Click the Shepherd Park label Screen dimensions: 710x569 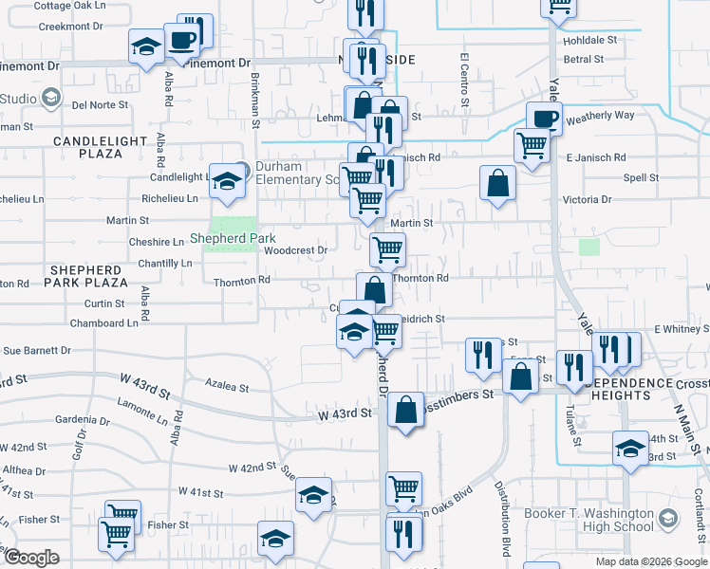point(223,238)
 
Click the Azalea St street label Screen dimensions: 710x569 point(227,387)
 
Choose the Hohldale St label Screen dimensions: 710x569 point(590,41)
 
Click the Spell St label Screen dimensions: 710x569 point(641,177)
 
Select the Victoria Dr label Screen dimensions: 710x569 point(587,200)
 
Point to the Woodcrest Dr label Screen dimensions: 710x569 point(295,250)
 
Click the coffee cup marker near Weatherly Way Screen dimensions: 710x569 point(543,120)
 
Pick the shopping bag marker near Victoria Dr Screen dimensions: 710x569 point(497,183)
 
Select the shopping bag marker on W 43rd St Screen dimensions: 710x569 point(405,411)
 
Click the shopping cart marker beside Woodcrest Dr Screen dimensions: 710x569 point(387,250)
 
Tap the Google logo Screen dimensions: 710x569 point(31,558)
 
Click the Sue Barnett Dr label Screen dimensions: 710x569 point(38,350)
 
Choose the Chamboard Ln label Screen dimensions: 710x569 point(104,323)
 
